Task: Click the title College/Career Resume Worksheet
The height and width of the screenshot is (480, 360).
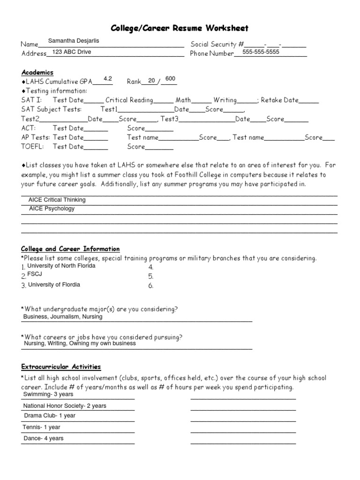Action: tap(180, 28)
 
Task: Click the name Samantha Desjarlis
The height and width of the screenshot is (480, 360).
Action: tap(74, 41)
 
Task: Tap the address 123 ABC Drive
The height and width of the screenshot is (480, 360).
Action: tap(72, 52)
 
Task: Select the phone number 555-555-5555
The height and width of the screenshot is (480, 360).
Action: tap(261, 52)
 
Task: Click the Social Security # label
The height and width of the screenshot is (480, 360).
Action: tap(217, 44)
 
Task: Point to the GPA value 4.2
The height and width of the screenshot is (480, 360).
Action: tap(108, 79)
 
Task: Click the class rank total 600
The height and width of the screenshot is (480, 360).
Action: tap(170, 79)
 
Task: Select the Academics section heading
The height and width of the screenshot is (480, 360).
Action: tap(37, 72)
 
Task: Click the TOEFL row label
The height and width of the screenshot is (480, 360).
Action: tap(32, 146)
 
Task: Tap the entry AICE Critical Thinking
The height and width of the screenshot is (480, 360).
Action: tap(57, 200)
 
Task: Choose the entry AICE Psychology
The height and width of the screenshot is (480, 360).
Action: tap(52, 209)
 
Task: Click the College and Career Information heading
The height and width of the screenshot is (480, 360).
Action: tap(70, 249)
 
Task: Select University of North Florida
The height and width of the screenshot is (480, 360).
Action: tap(61, 266)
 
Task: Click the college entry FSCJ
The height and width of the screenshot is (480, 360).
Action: tap(35, 274)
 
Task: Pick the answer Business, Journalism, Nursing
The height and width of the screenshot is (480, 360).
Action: tap(63, 317)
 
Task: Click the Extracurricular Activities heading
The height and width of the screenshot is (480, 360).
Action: tap(61, 367)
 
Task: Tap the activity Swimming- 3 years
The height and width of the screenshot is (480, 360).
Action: tap(48, 394)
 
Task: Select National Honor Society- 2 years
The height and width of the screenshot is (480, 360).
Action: tap(65, 406)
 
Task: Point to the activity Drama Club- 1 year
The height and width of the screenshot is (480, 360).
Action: tap(50, 416)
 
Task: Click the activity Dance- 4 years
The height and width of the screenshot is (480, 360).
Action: tap(44, 439)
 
